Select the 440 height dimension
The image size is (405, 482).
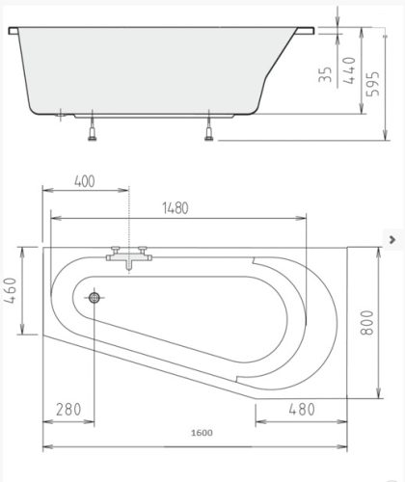point(349,72)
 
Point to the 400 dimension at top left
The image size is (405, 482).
point(85,181)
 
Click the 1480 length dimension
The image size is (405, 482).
point(175,207)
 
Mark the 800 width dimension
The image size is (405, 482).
point(366,322)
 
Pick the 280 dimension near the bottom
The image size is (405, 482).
point(68,410)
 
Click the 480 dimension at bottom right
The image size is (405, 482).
point(302,410)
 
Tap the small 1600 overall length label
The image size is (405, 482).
point(202,433)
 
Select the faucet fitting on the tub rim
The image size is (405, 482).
point(126,255)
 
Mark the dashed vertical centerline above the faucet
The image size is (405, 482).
point(127,217)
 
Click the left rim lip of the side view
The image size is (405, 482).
point(14,33)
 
